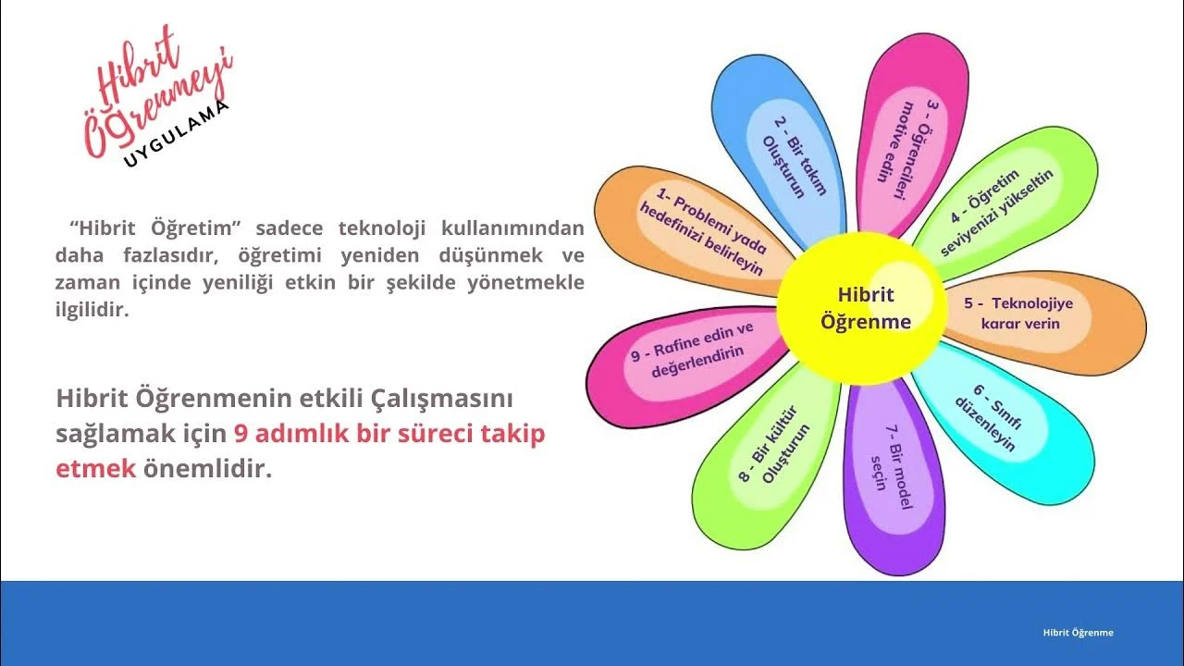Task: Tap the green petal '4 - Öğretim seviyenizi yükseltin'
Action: click(x=1005, y=201)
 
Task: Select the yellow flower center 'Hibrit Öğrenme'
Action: click(x=861, y=308)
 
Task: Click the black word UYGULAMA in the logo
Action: click(x=176, y=134)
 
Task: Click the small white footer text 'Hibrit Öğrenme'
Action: click(x=1079, y=633)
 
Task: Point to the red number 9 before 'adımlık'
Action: click(x=241, y=434)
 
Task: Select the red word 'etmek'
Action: click(x=95, y=469)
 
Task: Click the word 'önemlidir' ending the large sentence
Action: click(x=208, y=468)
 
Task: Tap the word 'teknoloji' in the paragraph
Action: click(x=382, y=228)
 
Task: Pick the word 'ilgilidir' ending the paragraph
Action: click(x=92, y=310)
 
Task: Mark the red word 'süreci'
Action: click(x=435, y=434)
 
